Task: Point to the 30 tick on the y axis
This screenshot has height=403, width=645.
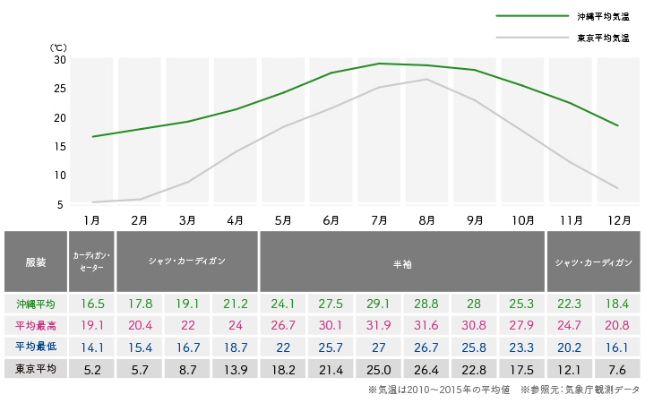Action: click(60, 59)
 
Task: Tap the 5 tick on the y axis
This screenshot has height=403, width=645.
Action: click(60, 204)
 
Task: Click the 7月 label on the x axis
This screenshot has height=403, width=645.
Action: click(378, 219)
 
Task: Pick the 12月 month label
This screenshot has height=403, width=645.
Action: click(618, 219)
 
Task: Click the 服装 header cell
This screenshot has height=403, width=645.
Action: click(36, 262)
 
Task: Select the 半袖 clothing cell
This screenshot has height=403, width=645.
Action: click(402, 262)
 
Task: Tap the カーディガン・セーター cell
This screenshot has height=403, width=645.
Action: click(90, 262)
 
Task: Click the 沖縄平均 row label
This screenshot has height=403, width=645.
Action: click(36, 304)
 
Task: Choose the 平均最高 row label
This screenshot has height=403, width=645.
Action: click(36, 325)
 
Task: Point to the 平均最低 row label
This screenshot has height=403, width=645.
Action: click(36, 347)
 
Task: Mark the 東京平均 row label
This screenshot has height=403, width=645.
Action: click(36, 368)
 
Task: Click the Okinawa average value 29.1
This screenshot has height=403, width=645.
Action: click(378, 304)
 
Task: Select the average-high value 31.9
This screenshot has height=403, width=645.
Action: click(378, 325)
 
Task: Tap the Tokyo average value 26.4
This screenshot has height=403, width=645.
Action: click(426, 368)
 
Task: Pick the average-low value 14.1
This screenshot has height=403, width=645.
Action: click(90, 347)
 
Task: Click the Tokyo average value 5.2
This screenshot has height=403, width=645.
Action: click(90, 368)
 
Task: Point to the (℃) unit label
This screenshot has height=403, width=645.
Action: click(57, 47)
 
